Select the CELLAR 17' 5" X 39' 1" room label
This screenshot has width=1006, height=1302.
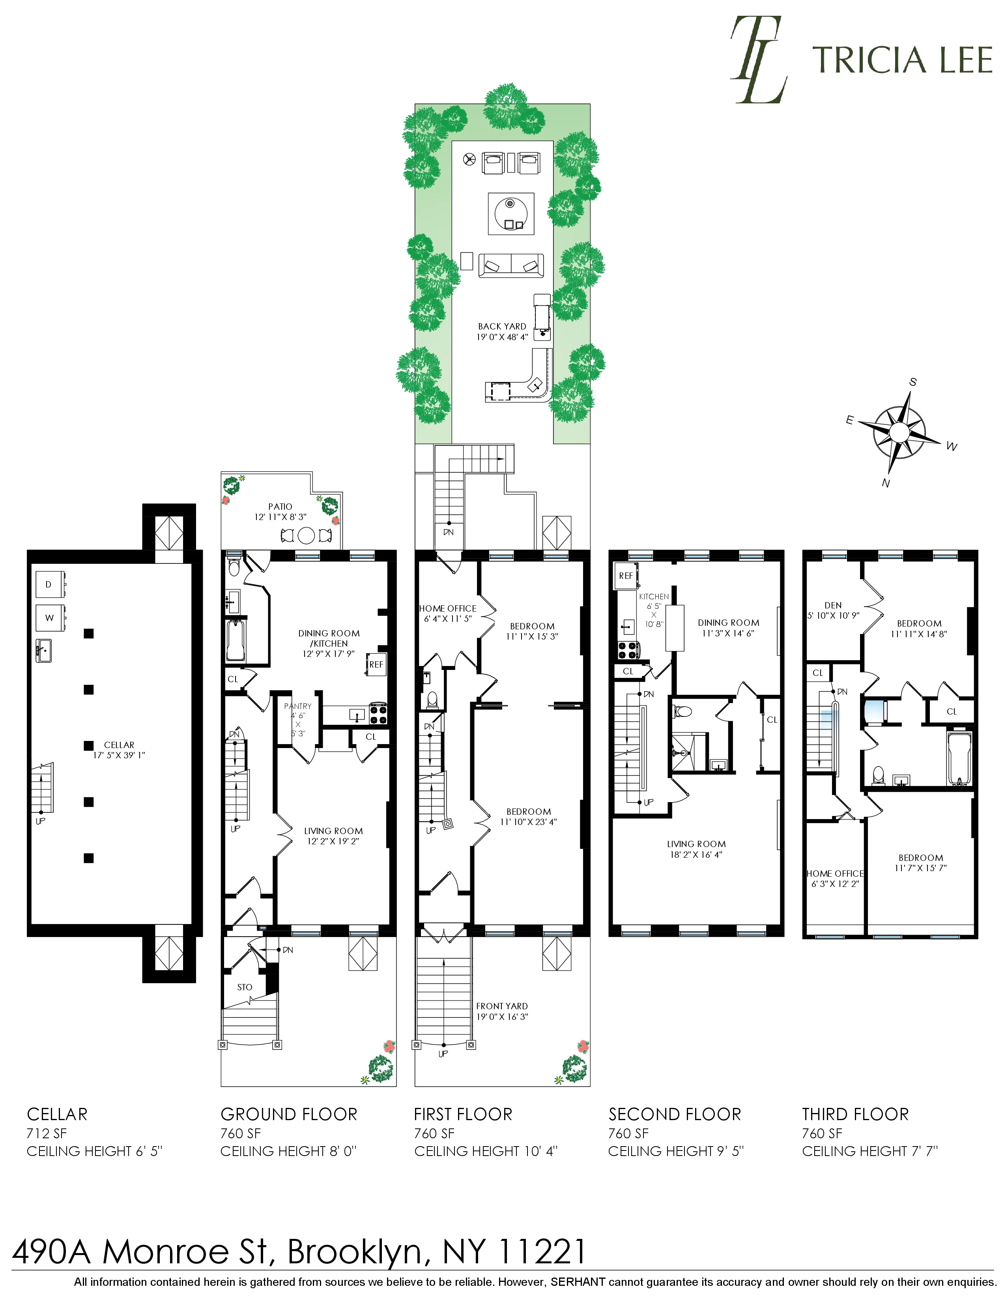point(119,749)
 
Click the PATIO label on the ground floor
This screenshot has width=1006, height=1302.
point(280,507)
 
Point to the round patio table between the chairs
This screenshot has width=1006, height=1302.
point(306,535)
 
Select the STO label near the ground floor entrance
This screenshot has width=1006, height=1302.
point(244,987)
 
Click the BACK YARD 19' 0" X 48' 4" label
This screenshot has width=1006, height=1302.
point(502,331)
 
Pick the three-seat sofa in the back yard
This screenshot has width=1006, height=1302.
point(511,265)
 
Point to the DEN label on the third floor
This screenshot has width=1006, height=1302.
point(832,605)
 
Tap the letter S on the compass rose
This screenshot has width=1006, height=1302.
point(913,382)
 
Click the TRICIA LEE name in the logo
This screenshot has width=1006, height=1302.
point(902,60)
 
